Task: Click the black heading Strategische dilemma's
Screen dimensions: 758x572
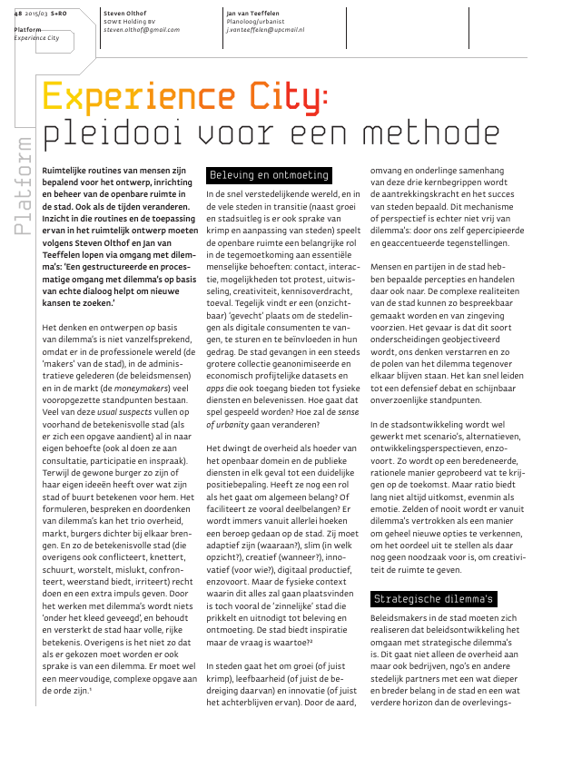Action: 434,598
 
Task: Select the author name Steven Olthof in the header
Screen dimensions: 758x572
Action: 126,13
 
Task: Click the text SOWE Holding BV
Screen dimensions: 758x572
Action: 130,21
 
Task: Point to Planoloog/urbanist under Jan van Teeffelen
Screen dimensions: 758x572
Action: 257,21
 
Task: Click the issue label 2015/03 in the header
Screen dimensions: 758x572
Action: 37,13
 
